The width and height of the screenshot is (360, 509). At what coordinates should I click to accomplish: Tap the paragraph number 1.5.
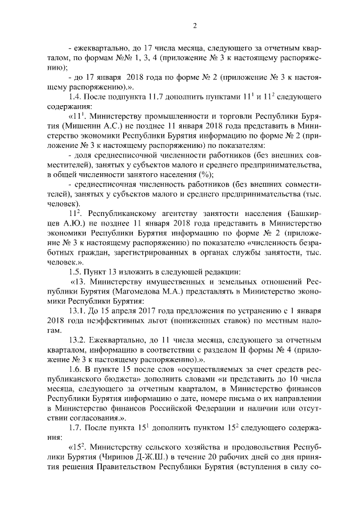click(x=76, y=272)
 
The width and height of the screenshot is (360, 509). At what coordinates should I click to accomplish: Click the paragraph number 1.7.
click(x=76, y=427)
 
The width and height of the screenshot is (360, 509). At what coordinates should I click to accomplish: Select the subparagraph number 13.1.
click(x=78, y=310)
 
